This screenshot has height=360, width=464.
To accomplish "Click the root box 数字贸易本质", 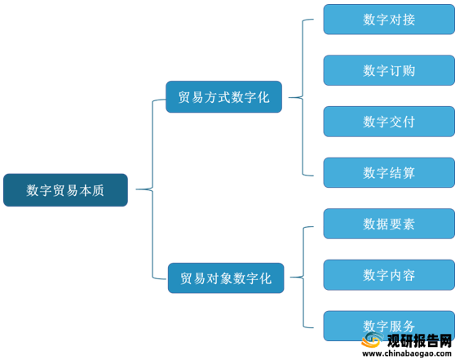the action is tap(65, 190).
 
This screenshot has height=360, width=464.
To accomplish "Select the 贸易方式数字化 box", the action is tap(223, 97).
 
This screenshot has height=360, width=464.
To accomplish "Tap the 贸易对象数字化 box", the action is tap(226, 278).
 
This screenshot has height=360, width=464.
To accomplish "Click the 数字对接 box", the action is tap(389, 20).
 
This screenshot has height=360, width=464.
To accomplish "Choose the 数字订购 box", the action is tap(389, 70).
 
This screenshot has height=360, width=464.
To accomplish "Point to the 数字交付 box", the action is tap(389, 122).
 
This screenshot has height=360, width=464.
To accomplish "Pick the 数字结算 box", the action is tap(389, 172).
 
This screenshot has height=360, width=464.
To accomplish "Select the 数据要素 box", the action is tap(389, 224).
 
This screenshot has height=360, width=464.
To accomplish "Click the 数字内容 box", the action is tap(389, 275).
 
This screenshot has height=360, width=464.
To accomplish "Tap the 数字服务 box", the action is tap(389, 326).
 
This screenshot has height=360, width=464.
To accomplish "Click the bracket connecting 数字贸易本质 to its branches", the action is tap(152, 189).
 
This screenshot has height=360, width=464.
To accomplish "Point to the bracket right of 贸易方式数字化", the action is tap(303, 97).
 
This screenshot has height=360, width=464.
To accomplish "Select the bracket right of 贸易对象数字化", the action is tap(303, 278).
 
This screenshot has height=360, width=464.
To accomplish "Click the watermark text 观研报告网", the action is tap(419, 340).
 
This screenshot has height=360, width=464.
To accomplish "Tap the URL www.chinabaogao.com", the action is tap(407, 353).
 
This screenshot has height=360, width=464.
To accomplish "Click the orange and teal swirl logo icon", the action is tap(372, 340).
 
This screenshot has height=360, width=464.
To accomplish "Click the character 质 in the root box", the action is tap(98, 190).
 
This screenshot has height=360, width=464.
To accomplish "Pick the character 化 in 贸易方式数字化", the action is tap(263, 97).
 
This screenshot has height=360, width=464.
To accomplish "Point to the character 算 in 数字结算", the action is tap(409, 173).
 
